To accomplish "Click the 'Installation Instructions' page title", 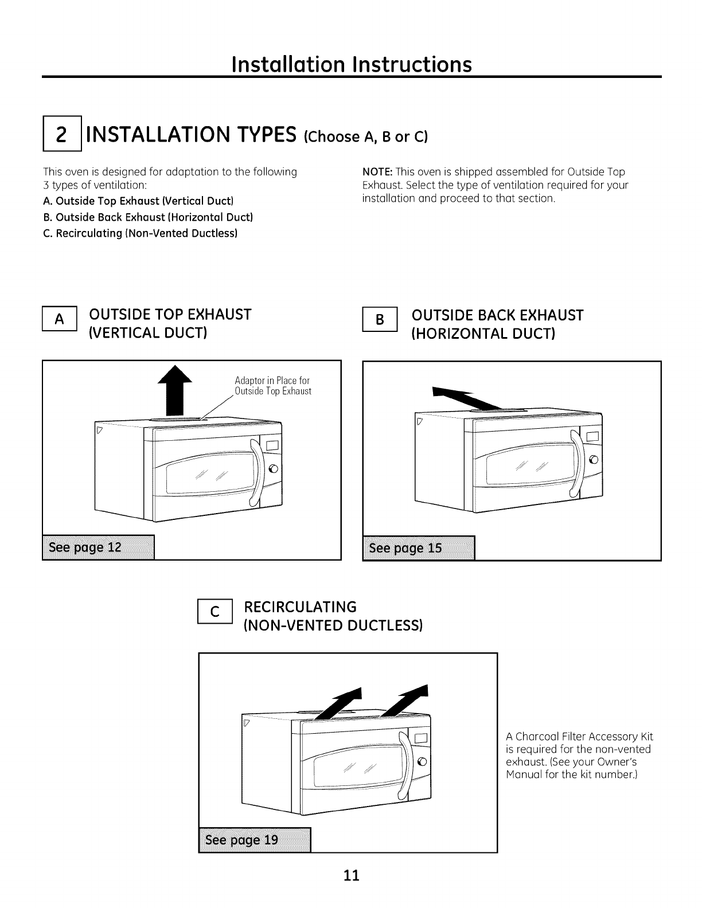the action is click(351, 64).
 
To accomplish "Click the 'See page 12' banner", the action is click(98, 547).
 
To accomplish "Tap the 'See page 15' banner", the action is click(419, 548).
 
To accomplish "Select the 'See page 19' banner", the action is click(254, 840).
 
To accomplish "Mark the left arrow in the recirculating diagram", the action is click(343, 702).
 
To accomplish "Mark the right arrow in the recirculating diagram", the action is click(408, 701).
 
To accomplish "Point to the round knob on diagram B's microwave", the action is click(594, 459).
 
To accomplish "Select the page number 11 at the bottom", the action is click(351, 875).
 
